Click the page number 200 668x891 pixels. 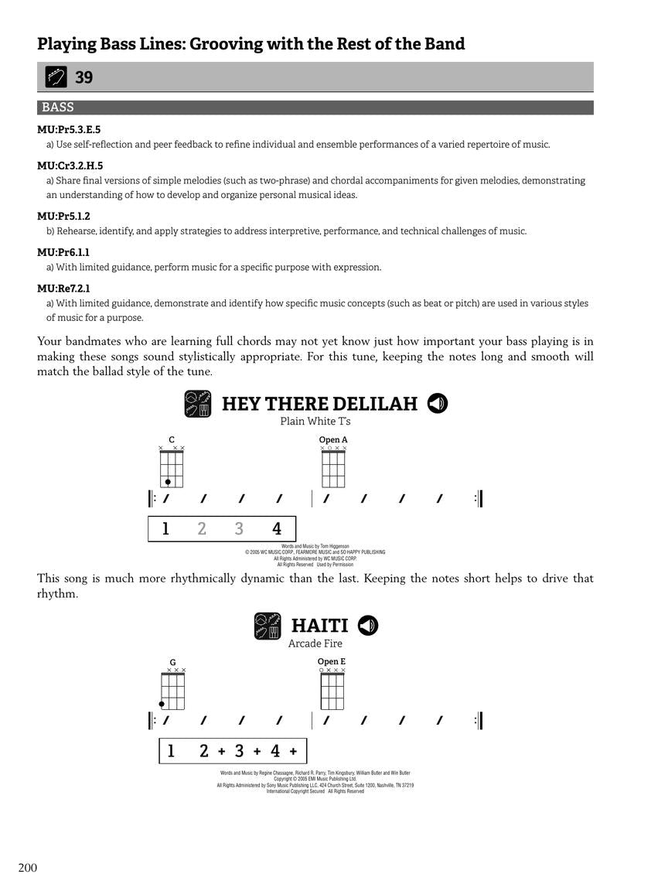click(x=27, y=868)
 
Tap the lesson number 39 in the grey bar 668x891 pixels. click(x=83, y=77)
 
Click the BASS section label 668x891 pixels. click(x=58, y=108)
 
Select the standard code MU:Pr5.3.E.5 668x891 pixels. click(x=69, y=130)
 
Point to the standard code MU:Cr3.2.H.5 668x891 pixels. click(x=70, y=166)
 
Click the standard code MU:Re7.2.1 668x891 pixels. click(x=63, y=288)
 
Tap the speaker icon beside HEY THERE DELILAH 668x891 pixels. click(x=438, y=404)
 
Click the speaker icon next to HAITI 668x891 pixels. click(x=368, y=625)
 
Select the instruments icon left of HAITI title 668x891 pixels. click(x=268, y=626)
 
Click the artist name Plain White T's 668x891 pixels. click(x=315, y=422)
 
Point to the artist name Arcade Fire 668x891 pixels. click(x=315, y=643)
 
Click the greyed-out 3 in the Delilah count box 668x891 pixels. click(x=239, y=529)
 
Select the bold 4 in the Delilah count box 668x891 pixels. click(x=277, y=529)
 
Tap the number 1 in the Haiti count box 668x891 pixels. click(x=171, y=751)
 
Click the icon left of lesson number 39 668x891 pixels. click(x=56, y=77)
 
